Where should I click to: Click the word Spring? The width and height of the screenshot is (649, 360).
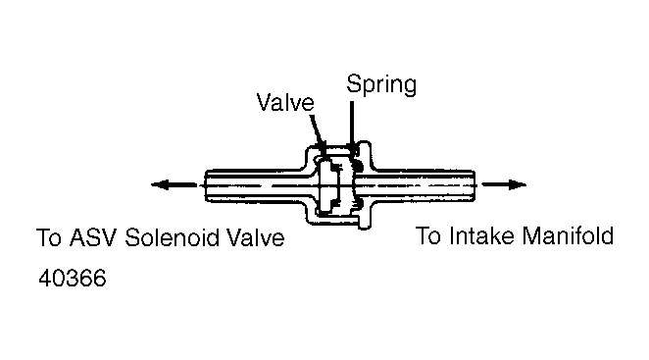[381, 85]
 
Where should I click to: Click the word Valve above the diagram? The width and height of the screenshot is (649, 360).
[285, 102]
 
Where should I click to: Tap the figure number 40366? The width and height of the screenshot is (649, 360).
[73, 278]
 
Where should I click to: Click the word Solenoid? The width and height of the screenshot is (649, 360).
[173, 237]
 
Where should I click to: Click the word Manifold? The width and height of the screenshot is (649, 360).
[568, 235]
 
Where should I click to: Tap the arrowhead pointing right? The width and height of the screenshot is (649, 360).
[517, 184]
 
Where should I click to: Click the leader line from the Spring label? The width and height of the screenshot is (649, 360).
[352, 126]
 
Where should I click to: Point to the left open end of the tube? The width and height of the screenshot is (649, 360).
[206, 185]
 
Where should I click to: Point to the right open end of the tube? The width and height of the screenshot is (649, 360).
[474, 185]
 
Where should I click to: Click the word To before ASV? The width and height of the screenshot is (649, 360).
[49, 237]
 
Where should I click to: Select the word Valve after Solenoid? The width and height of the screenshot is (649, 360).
[256, 237]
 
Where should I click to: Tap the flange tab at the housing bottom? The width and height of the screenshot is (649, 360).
[365, 219]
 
